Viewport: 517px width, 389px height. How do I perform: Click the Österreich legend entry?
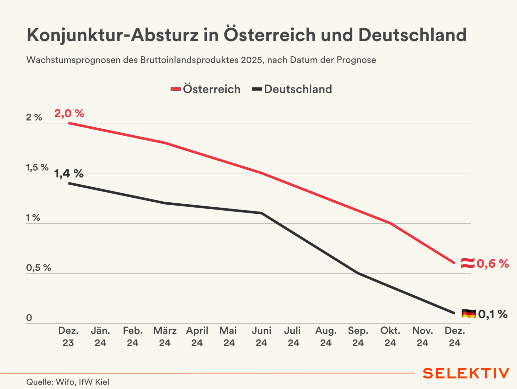tap(206, 89)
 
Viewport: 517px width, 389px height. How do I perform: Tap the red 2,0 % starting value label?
tap(69, 113)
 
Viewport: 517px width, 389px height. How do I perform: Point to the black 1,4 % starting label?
tap(69, 174)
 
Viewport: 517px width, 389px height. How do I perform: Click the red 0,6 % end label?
tap(493, 264)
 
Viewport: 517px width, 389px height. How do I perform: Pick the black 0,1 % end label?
tap(493, 314)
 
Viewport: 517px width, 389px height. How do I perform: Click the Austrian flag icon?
tap(468, 263)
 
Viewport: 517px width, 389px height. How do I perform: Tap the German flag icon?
tap(468, 314)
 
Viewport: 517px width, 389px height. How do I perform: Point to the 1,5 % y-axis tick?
tap(37, 168)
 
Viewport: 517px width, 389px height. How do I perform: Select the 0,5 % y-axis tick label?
tap(38, 268)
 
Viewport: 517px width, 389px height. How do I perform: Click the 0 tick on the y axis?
tap(29, 318)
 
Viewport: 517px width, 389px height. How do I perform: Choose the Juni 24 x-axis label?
tap(261, 337)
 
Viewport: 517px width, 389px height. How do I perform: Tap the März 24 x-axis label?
tap(165, 337)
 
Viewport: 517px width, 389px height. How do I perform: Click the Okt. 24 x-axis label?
tap(390, 337)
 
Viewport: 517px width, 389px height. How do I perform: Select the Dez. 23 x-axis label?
tap(68, 337)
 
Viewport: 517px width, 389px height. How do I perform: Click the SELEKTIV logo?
tap(466, 373)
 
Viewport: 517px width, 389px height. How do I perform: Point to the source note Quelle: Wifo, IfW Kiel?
tap(68, 382)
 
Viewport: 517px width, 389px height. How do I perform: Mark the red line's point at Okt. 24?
tap(390, 223)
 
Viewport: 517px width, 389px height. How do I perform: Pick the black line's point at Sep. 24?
tap(358, 273)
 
